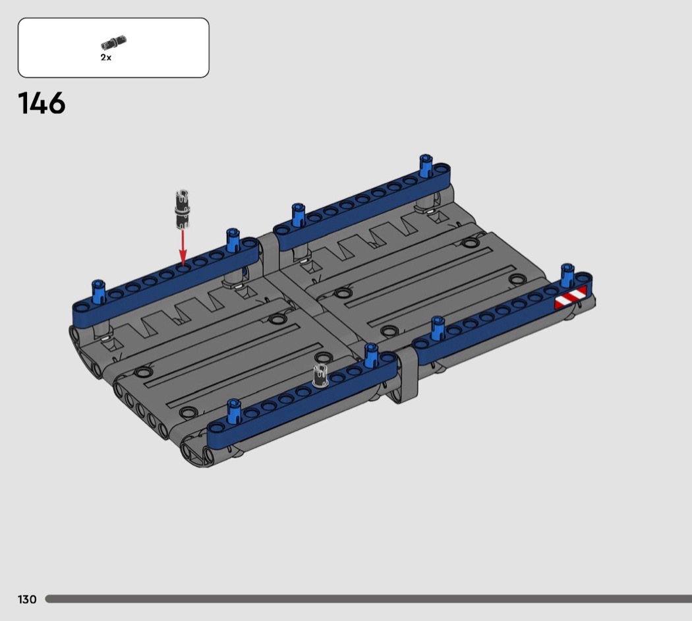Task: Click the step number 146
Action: (x=42, y=103)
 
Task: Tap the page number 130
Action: (x=27, y=599)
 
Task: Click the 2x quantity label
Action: (x=106, y=57)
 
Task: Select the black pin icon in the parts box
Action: (x=113, y=42)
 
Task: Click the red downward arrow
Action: (x=183, y=247)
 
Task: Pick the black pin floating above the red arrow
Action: (x=183, y=210)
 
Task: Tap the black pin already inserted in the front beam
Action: (x=320, y=376)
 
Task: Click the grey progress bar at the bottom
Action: (x=368, y=599)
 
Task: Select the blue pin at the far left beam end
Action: (x=98, y=291)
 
